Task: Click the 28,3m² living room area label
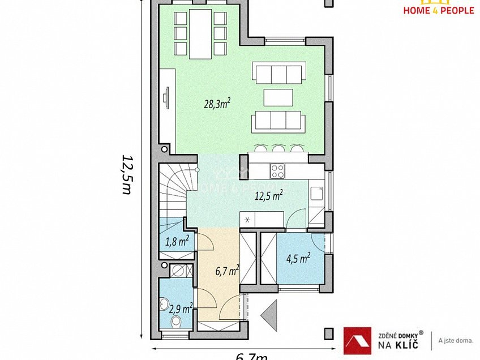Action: tap(217, 104)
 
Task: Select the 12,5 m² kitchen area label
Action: tap(269, 196)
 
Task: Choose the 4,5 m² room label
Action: tap(298, 259)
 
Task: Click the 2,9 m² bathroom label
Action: tap(181, 308)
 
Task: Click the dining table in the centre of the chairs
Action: tap(200, 33)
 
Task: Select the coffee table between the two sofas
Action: tap(278, 97)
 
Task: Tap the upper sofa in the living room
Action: tap(278, 74)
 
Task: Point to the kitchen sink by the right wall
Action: tap(316, 194)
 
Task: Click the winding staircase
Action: tap(172, 190)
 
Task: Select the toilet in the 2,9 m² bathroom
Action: tap(175, 321)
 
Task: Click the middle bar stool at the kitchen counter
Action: tap(278, 149)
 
